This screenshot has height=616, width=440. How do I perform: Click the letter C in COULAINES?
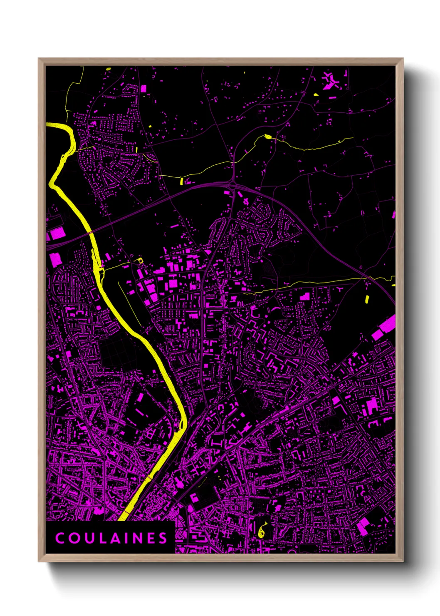click(x=60, y=538)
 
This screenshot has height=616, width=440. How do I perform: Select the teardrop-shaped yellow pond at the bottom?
click(x=262, y=531)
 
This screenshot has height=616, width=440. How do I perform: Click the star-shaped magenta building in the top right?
click(x=331, y=80)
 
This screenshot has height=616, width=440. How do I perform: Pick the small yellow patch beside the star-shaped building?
click(x=316, y=94)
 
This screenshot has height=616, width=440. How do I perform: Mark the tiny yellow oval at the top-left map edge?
click(x=109, y=69)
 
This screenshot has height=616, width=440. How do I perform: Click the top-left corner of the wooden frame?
click(x=39, y=59)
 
